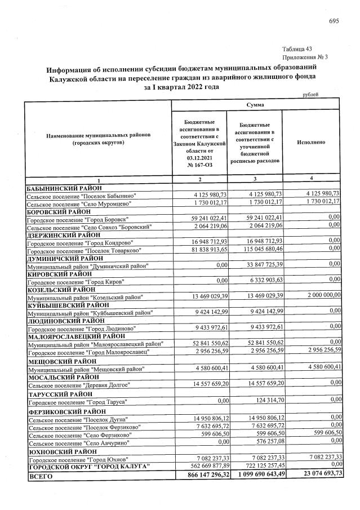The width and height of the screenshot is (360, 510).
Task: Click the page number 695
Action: pos(334,21)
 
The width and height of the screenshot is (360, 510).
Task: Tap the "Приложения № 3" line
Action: pos(305,57)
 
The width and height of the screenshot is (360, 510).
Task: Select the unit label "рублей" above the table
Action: pos(310,95)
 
